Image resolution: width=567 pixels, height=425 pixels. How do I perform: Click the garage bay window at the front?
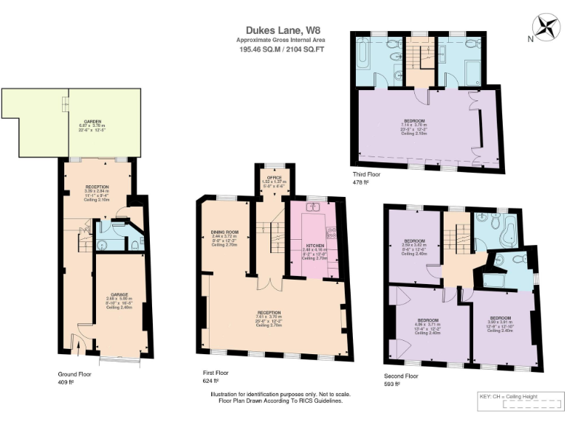click(120, 360)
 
